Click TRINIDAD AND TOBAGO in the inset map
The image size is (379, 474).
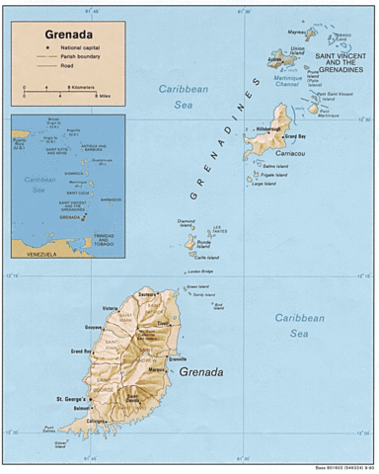[x=104, y=238]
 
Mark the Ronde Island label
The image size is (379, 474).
[x=205, y=240]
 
